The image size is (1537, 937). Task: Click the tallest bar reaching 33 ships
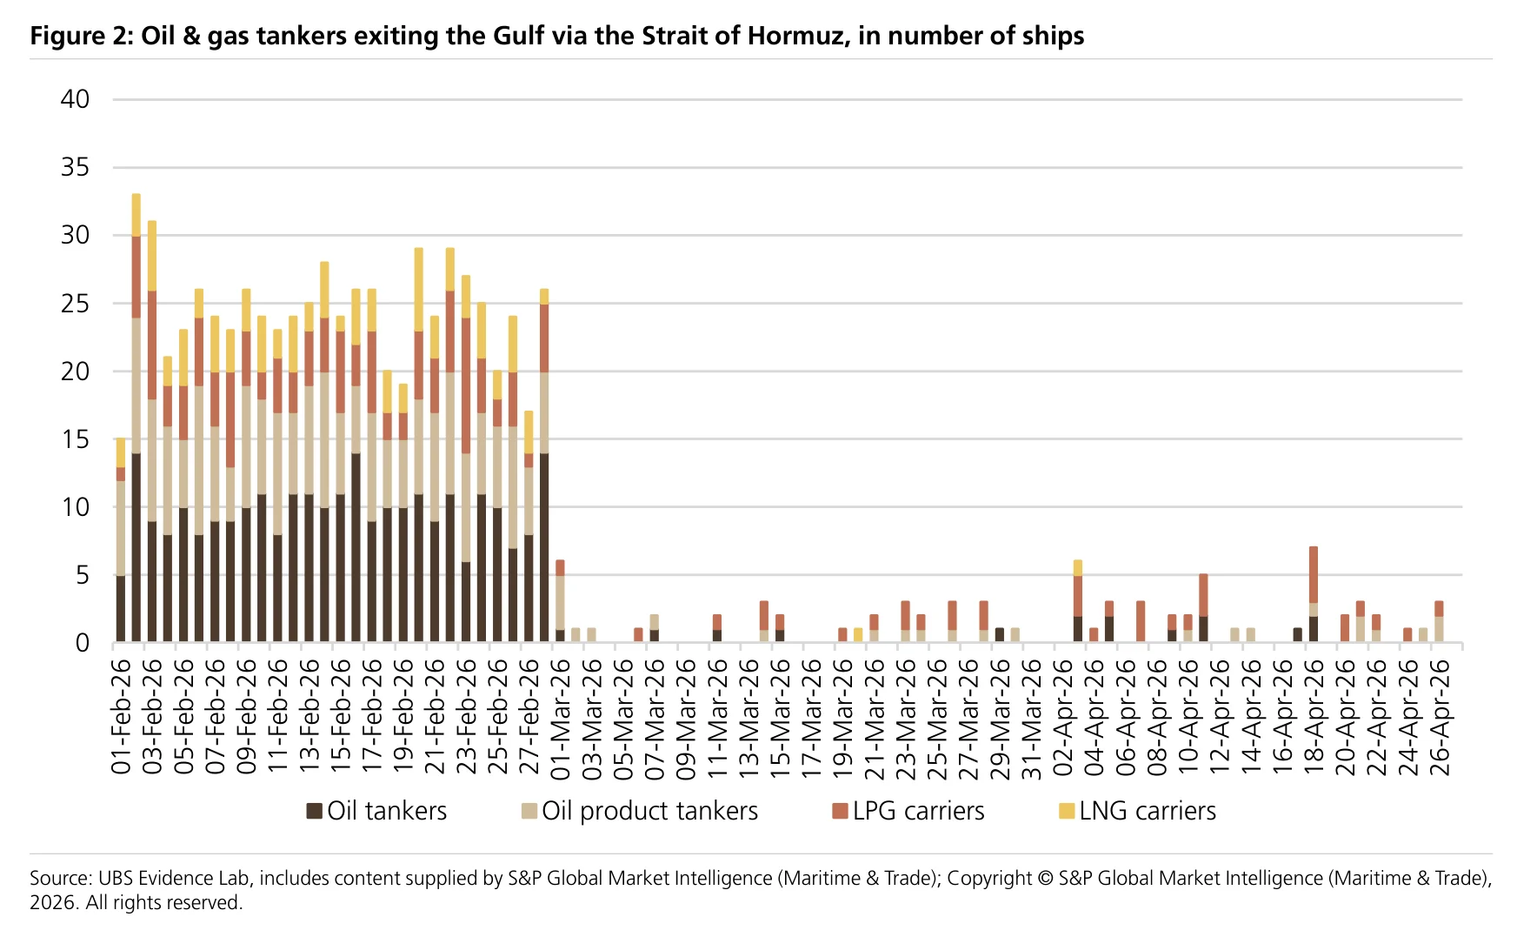coord(136,418)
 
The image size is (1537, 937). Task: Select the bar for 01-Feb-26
coord(121,540)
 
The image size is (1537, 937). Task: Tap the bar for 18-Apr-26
coord(1314,595)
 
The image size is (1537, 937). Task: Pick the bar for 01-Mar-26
coord(561,602)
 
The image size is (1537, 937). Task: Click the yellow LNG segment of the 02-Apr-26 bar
coord(1078,568)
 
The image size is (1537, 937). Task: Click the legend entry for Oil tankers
coord(376,811)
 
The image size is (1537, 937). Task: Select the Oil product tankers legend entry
coord(640,811)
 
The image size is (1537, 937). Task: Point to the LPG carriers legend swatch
coord(840,811)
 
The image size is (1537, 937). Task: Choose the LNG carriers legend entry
coord(1137,811)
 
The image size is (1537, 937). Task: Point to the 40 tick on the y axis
coord(76,99)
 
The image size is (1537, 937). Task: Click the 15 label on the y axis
coord(76,439)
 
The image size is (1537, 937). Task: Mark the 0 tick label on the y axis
coord(83,643)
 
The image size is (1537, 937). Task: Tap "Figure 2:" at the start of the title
coord(82,36)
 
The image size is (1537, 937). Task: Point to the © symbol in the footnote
coord(1047,879)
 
